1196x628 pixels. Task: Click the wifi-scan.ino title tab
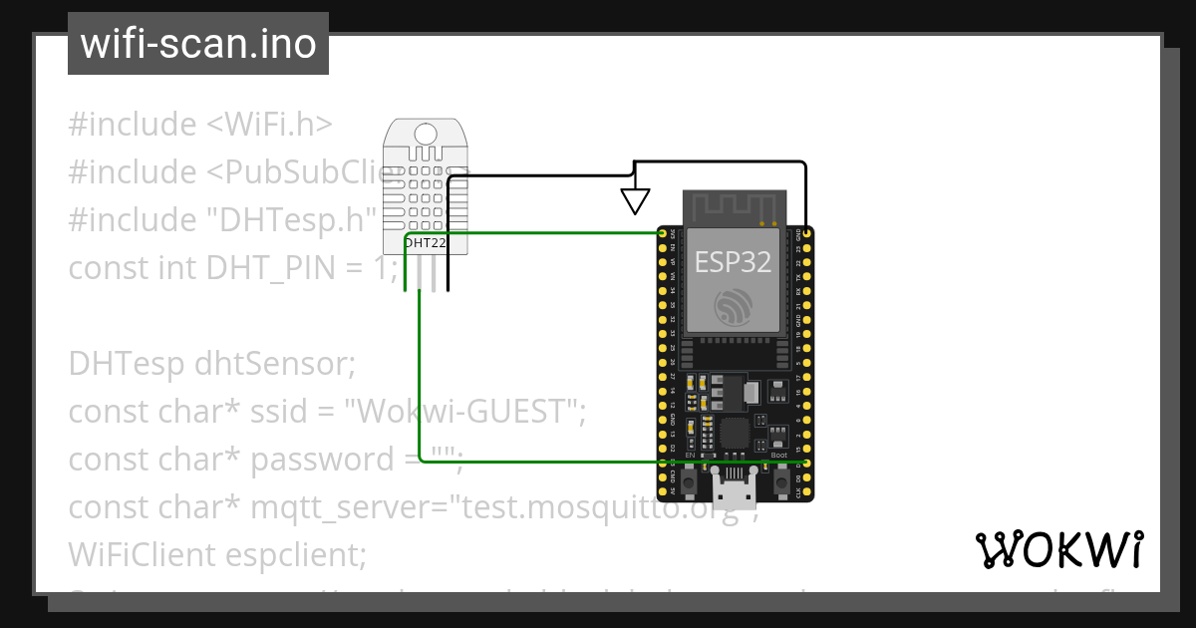coord(197,44)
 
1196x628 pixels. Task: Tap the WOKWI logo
coord(1057,550)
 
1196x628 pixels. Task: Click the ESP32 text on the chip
coord(733,261)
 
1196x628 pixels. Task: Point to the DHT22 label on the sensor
coord(425,242)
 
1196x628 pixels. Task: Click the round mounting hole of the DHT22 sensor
coord(426,133)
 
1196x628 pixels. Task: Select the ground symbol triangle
coord(635,201)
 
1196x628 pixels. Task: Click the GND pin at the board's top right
coord(805,233)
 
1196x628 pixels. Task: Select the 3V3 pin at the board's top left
coord(663,233)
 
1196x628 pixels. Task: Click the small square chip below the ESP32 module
coord(735,433)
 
